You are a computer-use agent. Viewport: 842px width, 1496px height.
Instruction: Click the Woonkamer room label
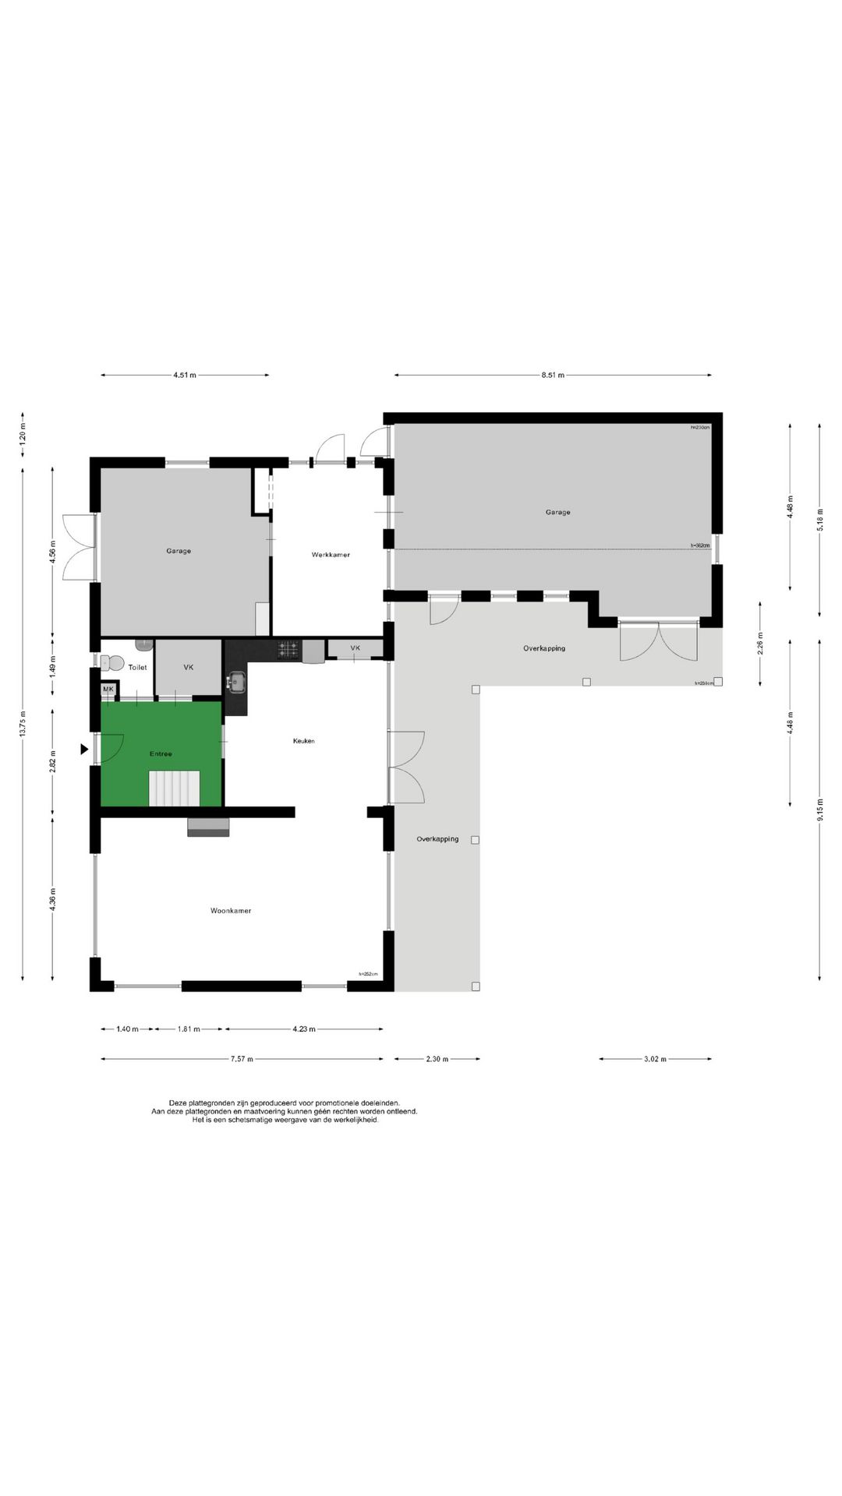tap(231, 910)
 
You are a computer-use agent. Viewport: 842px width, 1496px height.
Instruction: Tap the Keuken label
tap(304, 741)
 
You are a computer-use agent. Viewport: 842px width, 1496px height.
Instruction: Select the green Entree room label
tap(161, 753)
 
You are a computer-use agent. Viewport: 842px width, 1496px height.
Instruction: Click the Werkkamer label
tap(331, 555)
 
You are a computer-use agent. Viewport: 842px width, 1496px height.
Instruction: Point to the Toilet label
tap(137, 668)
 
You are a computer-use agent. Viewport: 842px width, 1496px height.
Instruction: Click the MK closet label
tap(108, 690)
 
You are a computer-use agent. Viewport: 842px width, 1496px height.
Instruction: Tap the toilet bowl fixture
tap(114, 663)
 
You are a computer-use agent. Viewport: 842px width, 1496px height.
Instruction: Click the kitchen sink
tap(237, 683)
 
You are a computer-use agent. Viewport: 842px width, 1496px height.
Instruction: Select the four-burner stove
tap(289, 648)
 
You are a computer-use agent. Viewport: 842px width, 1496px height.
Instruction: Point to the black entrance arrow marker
tap(84, 749)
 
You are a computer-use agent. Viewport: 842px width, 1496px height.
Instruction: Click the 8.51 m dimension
tap(553, 376)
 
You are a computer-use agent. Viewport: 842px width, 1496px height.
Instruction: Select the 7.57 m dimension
tap(242, 1059)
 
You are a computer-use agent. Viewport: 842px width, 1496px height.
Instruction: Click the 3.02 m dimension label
tap(656, 1059)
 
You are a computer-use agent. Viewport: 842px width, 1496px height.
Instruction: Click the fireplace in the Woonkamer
tap(208, 827)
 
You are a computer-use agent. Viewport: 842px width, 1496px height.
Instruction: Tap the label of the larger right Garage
tap(557, 512)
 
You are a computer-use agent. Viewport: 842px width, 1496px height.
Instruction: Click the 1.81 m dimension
tap(189, 1029)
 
